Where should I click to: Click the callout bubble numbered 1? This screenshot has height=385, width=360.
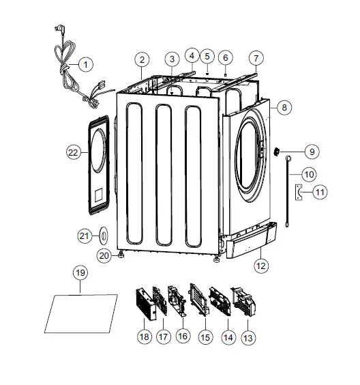(x=85, y=65)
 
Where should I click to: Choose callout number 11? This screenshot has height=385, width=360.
(x=320, y=193)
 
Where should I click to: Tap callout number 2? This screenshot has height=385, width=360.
(x=141, y=59)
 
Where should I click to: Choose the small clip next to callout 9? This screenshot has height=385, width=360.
(x=279, y=152)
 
